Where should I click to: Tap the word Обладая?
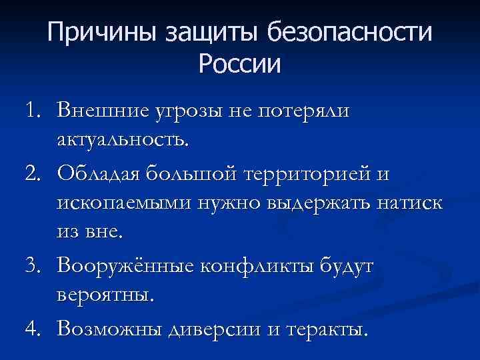click(x=103, y=173)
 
